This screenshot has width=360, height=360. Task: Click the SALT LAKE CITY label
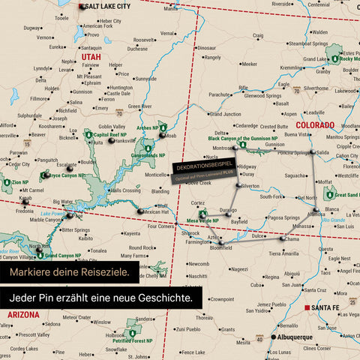pos(108,5)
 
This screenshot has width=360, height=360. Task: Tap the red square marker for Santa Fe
pos(307,307)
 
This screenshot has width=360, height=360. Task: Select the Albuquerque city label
pos(289,337)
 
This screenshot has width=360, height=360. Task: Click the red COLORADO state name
pos(315,124)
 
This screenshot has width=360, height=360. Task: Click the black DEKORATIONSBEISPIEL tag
pos(202,166)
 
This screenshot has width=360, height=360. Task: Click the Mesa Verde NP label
pos(202,220)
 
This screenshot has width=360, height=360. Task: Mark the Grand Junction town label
pos(225,114)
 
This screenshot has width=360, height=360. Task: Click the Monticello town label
pos(157,174)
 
